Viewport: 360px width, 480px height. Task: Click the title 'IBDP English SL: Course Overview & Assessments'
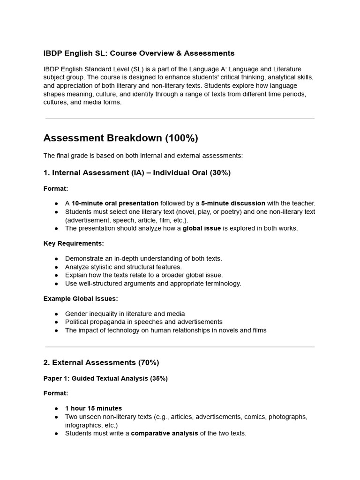(x=139, y=53)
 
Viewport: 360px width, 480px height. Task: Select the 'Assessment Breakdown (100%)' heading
(x=120, y=138)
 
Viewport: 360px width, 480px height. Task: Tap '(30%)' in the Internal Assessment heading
(x=220, y=172)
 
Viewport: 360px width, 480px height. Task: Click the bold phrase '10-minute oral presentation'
(x=115, y=203)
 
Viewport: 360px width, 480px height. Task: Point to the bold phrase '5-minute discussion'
(x=233, y=203)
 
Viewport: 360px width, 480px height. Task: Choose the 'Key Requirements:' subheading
(x=74, y=243)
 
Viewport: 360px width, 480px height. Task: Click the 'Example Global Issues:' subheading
(x=81, y=299)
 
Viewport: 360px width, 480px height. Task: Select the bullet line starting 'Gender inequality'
(x=125, y=314)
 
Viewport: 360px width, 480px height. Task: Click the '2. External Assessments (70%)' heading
(x=101, y=362)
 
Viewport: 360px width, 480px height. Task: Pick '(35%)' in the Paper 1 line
(x=159, y=378)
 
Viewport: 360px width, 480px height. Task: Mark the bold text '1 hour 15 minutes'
(x=93, y=408)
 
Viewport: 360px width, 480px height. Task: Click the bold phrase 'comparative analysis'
(x=164, y=433)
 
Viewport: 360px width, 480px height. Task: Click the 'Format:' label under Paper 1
(x=56, y=393)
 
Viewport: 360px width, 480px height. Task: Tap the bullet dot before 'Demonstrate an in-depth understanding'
(x=56, y=259)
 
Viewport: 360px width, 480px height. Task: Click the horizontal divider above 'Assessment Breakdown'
(x=180, y=119)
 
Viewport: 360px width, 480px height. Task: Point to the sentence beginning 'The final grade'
(x=143, y=155)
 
